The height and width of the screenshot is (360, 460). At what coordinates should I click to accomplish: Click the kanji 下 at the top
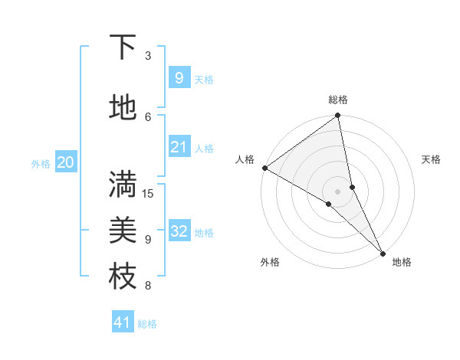click(123, 48)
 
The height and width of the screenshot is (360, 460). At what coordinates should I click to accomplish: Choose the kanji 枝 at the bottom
click(123, 277)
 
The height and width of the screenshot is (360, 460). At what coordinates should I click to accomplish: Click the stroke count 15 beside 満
click(148, 193)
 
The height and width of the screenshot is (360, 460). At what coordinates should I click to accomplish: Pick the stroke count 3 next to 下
click(148, 56)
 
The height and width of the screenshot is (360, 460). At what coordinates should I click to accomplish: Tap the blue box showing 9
click(179, 77)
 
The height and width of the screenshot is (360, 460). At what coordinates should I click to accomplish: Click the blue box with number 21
click(179, 147)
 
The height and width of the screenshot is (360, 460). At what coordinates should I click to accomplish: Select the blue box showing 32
click(179, 231)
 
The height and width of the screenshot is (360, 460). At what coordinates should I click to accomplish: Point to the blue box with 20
click(65, 162)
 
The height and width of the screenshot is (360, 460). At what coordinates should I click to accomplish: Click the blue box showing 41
click(123, 322)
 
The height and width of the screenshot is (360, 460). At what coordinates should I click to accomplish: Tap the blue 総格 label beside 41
click(147, 324)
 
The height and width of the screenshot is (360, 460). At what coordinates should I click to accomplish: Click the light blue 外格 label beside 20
click(41, 163)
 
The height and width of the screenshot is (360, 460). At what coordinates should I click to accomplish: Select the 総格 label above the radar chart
click(338, 100)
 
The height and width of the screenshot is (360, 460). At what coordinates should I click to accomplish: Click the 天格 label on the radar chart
click(431, 159)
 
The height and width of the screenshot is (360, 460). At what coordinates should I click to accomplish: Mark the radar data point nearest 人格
click(264, 168)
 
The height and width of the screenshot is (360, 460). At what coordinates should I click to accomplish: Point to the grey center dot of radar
click(338, 191)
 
